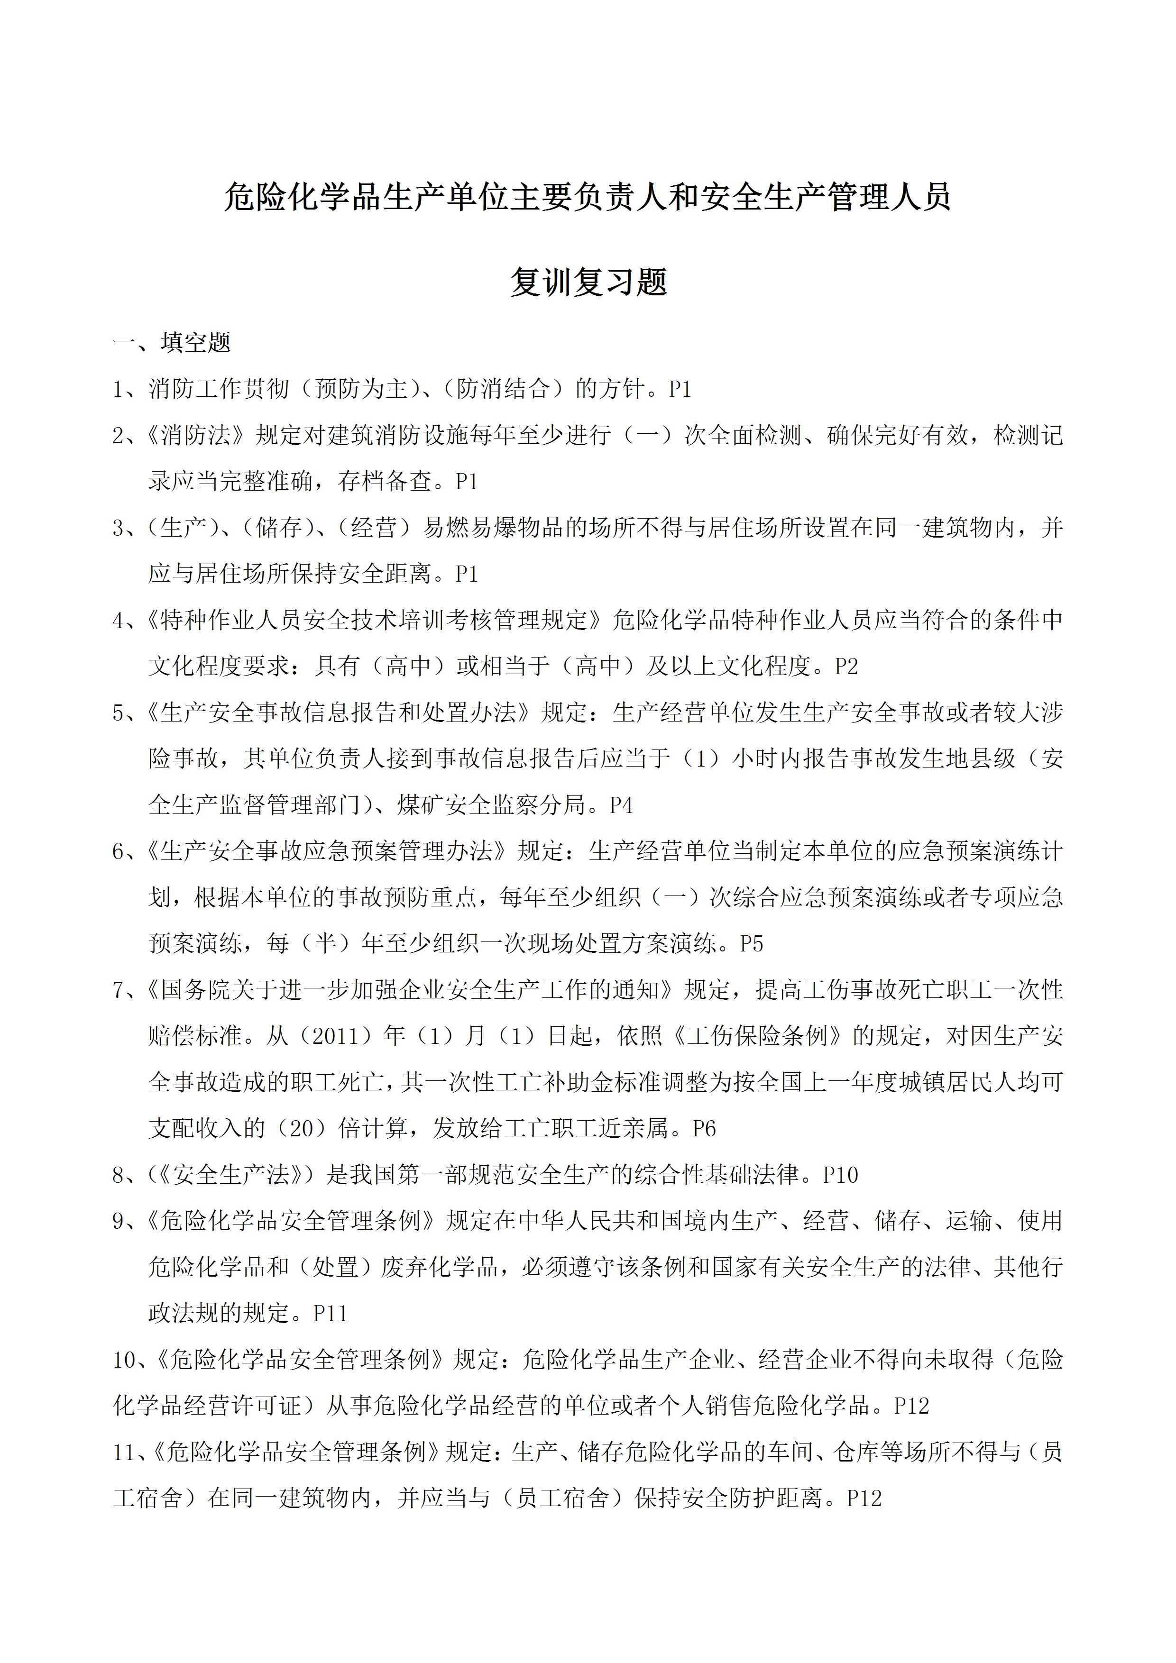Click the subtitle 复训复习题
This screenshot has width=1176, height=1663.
[x=588, y=283]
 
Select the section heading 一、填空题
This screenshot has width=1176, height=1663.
[x=172, y=343]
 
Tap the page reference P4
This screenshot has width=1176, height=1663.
[x=621, y=805]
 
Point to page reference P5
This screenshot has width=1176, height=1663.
[x=752, y=944]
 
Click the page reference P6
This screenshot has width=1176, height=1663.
[x=704, y=1128]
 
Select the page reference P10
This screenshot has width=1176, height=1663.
[x=841, y=1175]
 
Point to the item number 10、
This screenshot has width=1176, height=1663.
[x=130, y=1360]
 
